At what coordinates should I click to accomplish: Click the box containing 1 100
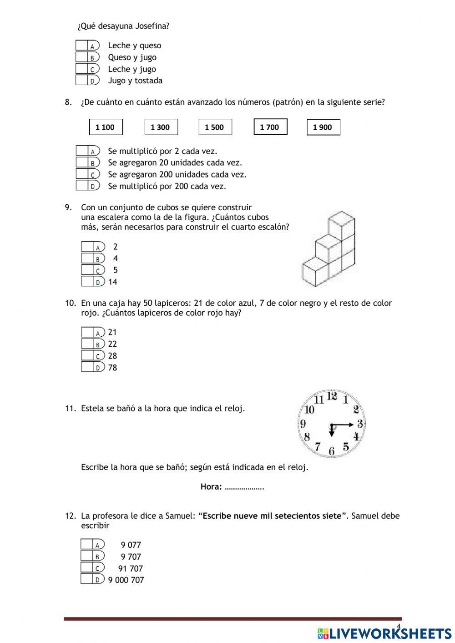coord(106,127)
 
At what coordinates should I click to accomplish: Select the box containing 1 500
coord(215,127)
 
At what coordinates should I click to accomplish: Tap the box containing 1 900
coord(323,127)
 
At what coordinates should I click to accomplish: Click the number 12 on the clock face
coord(332,396)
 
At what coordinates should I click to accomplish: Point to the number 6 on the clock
coord(332,451)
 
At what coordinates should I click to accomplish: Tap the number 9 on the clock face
coord(303,424)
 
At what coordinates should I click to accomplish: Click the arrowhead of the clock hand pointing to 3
coord(351,425)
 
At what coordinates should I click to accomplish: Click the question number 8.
coord(68,102)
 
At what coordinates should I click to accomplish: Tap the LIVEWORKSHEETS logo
coord(384,633)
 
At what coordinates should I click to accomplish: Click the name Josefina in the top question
coord(151,26)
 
